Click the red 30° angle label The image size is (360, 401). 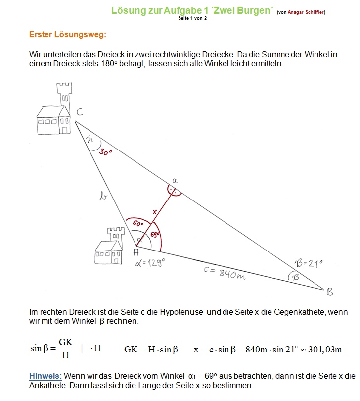[x=105, y=152]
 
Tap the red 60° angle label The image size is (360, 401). [x=138, y=223]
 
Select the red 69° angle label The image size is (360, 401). [x=155, y=234]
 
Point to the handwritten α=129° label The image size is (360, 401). [x=150, y=263]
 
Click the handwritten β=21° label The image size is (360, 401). [x=309, y=263]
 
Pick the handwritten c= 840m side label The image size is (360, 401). [x=225, y=273]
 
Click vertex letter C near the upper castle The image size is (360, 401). [x=80, y=112]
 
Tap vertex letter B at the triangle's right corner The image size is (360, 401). [x=330, y=292]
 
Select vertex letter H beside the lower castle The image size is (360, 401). [x=136, y=252]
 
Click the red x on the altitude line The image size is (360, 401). [x=155, y=212]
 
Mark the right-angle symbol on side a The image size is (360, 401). [x=174, y=191]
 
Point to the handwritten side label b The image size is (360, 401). [x=103, y=196]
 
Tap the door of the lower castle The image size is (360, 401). [x=116, y=261]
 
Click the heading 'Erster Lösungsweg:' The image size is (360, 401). [x=67, y=34]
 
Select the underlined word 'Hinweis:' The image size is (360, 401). [x=45, y=376]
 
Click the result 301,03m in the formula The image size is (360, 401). [x=325, y=350]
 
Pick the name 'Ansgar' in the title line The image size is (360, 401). [x=296, y=12]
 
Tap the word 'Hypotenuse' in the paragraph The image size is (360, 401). [x=181, y=312]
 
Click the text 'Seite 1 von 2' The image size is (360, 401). [x=192, y=18]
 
